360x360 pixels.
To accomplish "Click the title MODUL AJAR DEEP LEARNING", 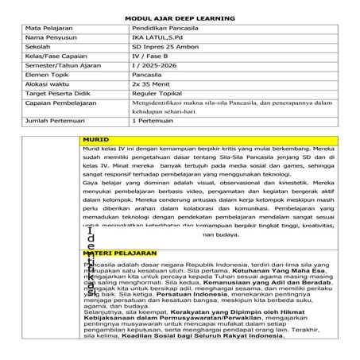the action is pos(180,16).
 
